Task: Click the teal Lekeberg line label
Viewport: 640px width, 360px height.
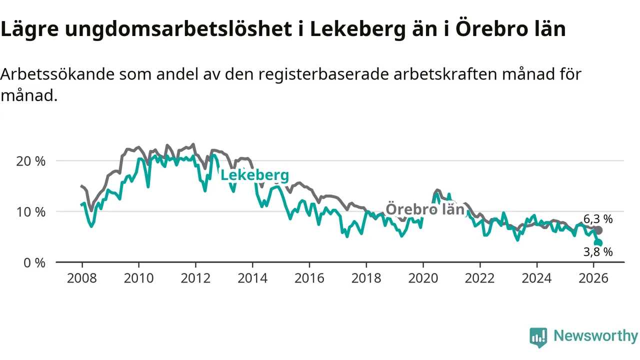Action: [x=254, y=175]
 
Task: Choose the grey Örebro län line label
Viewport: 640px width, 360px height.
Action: [x=425, y=209]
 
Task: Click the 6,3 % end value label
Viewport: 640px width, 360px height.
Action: [x=598, y=218]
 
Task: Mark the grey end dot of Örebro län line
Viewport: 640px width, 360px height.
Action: [x=598, y=230]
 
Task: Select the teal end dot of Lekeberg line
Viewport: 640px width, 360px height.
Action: [x=598, y=243]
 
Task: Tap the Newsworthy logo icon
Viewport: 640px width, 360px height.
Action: [x=538, y=337]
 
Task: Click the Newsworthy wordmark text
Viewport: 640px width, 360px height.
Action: [x=595, y=336]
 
